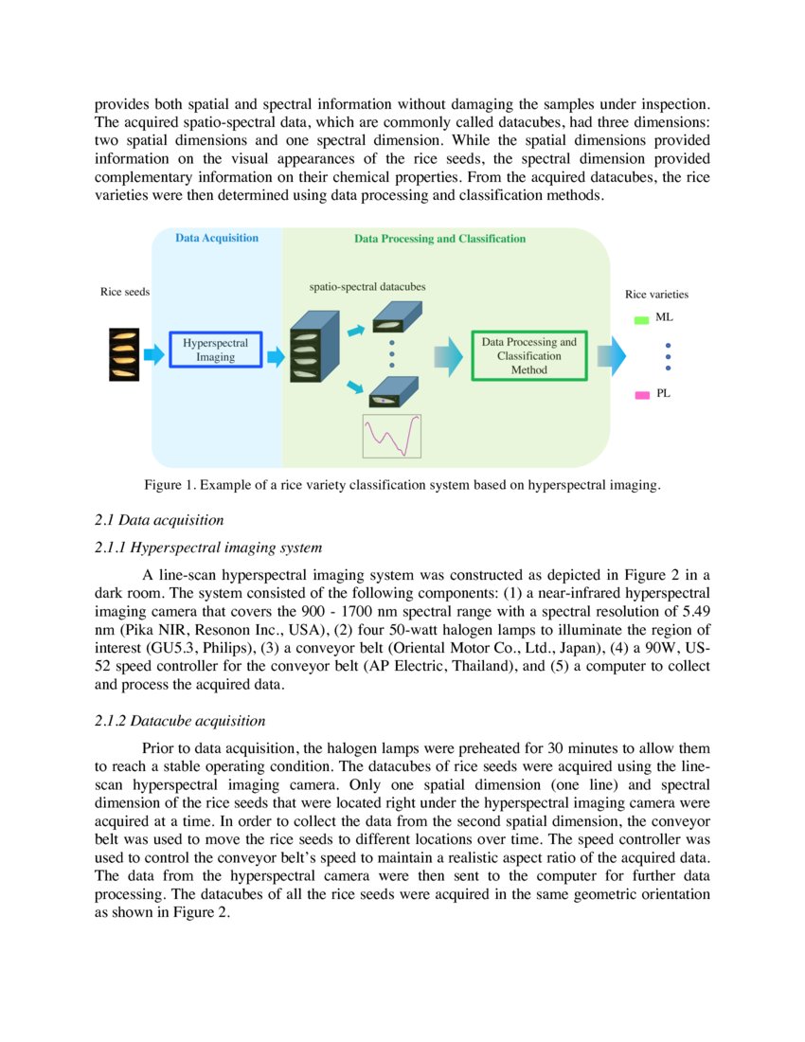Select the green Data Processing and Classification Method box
(528, 355)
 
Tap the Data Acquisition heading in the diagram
(216, 238)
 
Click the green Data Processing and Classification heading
(439, 239)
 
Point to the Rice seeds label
(125, 292)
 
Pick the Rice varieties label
(656, 295)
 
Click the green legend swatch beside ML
(641, 320)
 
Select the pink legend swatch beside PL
(641, 394)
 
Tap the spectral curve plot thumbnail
(392, 436)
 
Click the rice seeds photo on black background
(124, 354)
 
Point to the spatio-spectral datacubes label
(367, 285)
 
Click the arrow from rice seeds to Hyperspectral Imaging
(153, 354)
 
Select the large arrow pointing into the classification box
(448, 356)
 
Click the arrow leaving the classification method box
(611, 356)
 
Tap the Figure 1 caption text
(402, 485)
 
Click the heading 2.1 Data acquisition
(159, 519)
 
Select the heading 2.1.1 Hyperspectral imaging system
(208, 547)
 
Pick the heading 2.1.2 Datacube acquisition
(180, 721)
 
